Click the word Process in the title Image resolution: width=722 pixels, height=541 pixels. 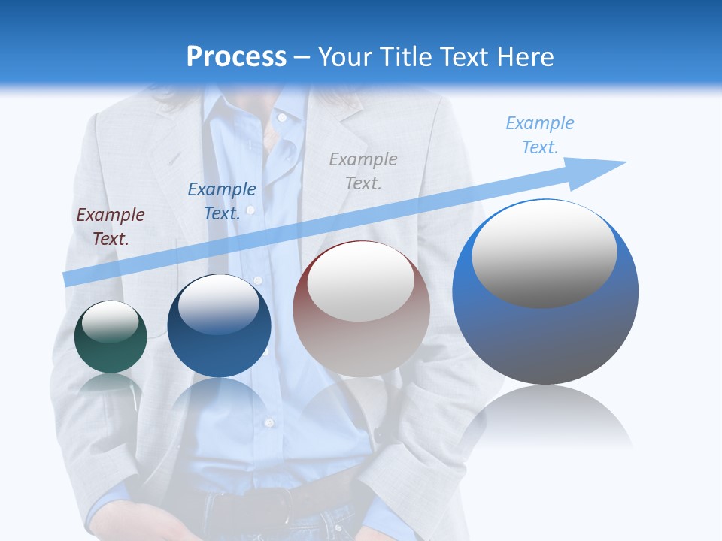(236, 57)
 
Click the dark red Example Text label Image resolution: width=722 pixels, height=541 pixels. (111, 227)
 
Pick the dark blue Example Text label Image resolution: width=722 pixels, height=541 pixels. (222, 201)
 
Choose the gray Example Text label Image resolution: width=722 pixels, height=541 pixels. (363, 171)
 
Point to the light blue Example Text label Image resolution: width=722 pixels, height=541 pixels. (540, 135)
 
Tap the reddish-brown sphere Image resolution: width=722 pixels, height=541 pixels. (361, 346)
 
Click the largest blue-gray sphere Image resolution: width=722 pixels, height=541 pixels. (545, 338)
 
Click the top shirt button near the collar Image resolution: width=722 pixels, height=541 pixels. (282, 118)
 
